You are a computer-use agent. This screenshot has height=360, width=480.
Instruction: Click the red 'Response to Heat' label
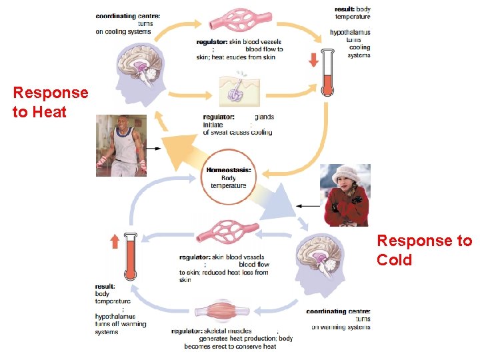coord(50,102)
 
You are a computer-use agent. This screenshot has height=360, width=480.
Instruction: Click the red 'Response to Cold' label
coord(424,249)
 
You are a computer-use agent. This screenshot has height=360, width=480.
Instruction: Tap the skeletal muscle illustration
coord(220,312)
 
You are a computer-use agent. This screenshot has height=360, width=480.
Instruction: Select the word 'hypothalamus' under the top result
coord(350,32)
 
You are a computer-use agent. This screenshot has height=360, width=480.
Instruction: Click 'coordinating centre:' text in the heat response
coord(127,15)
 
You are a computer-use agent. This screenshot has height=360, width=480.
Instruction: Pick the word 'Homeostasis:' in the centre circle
coord(229,170)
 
